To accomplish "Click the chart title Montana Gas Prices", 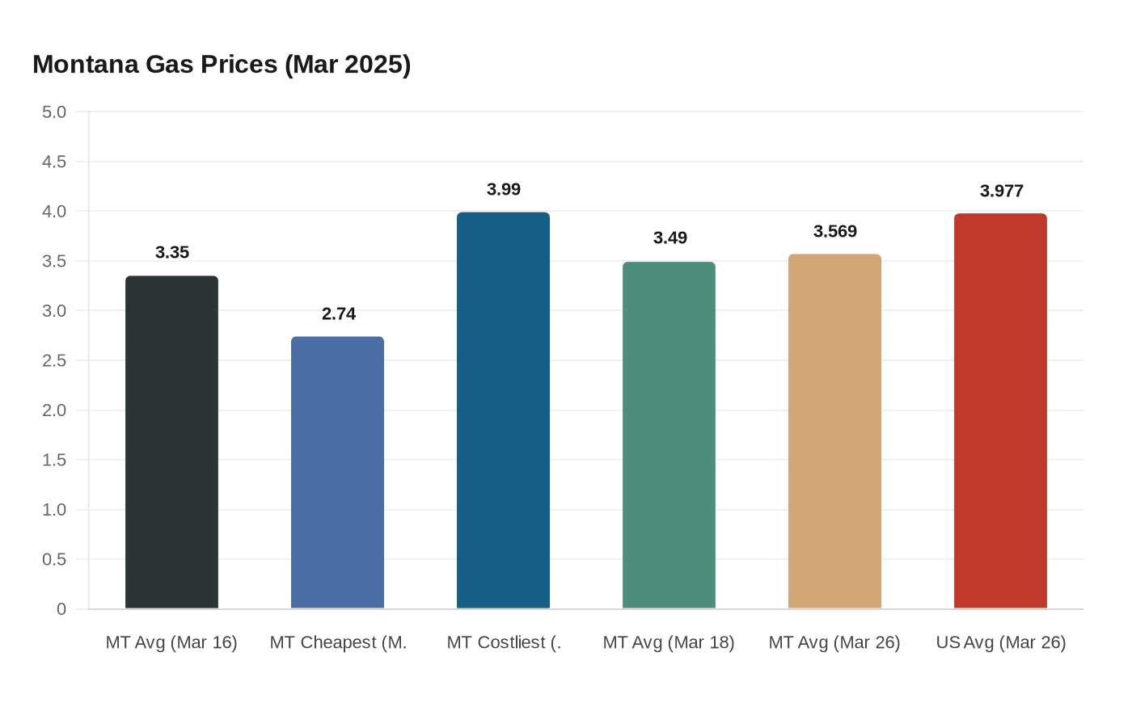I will pos(222,64).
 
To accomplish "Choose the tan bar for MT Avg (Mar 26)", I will pos(834,431).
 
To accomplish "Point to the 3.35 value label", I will pos(172,252).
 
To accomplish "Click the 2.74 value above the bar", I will pos(339,313).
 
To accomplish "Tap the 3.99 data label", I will pos(504,189).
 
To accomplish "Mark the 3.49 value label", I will pos(670,238).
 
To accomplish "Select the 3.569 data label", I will pos(835,231).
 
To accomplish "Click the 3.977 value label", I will pos(1002,191).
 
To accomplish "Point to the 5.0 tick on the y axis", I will pos(54,111).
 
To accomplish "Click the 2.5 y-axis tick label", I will pos(54,360).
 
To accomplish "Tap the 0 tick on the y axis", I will pos(61,609).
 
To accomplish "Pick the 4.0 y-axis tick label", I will pos(54,211).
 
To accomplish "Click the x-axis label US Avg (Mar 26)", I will pos(1001,642).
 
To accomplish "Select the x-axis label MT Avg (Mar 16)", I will pos(171,642).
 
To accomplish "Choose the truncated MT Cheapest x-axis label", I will pos(338,642).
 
